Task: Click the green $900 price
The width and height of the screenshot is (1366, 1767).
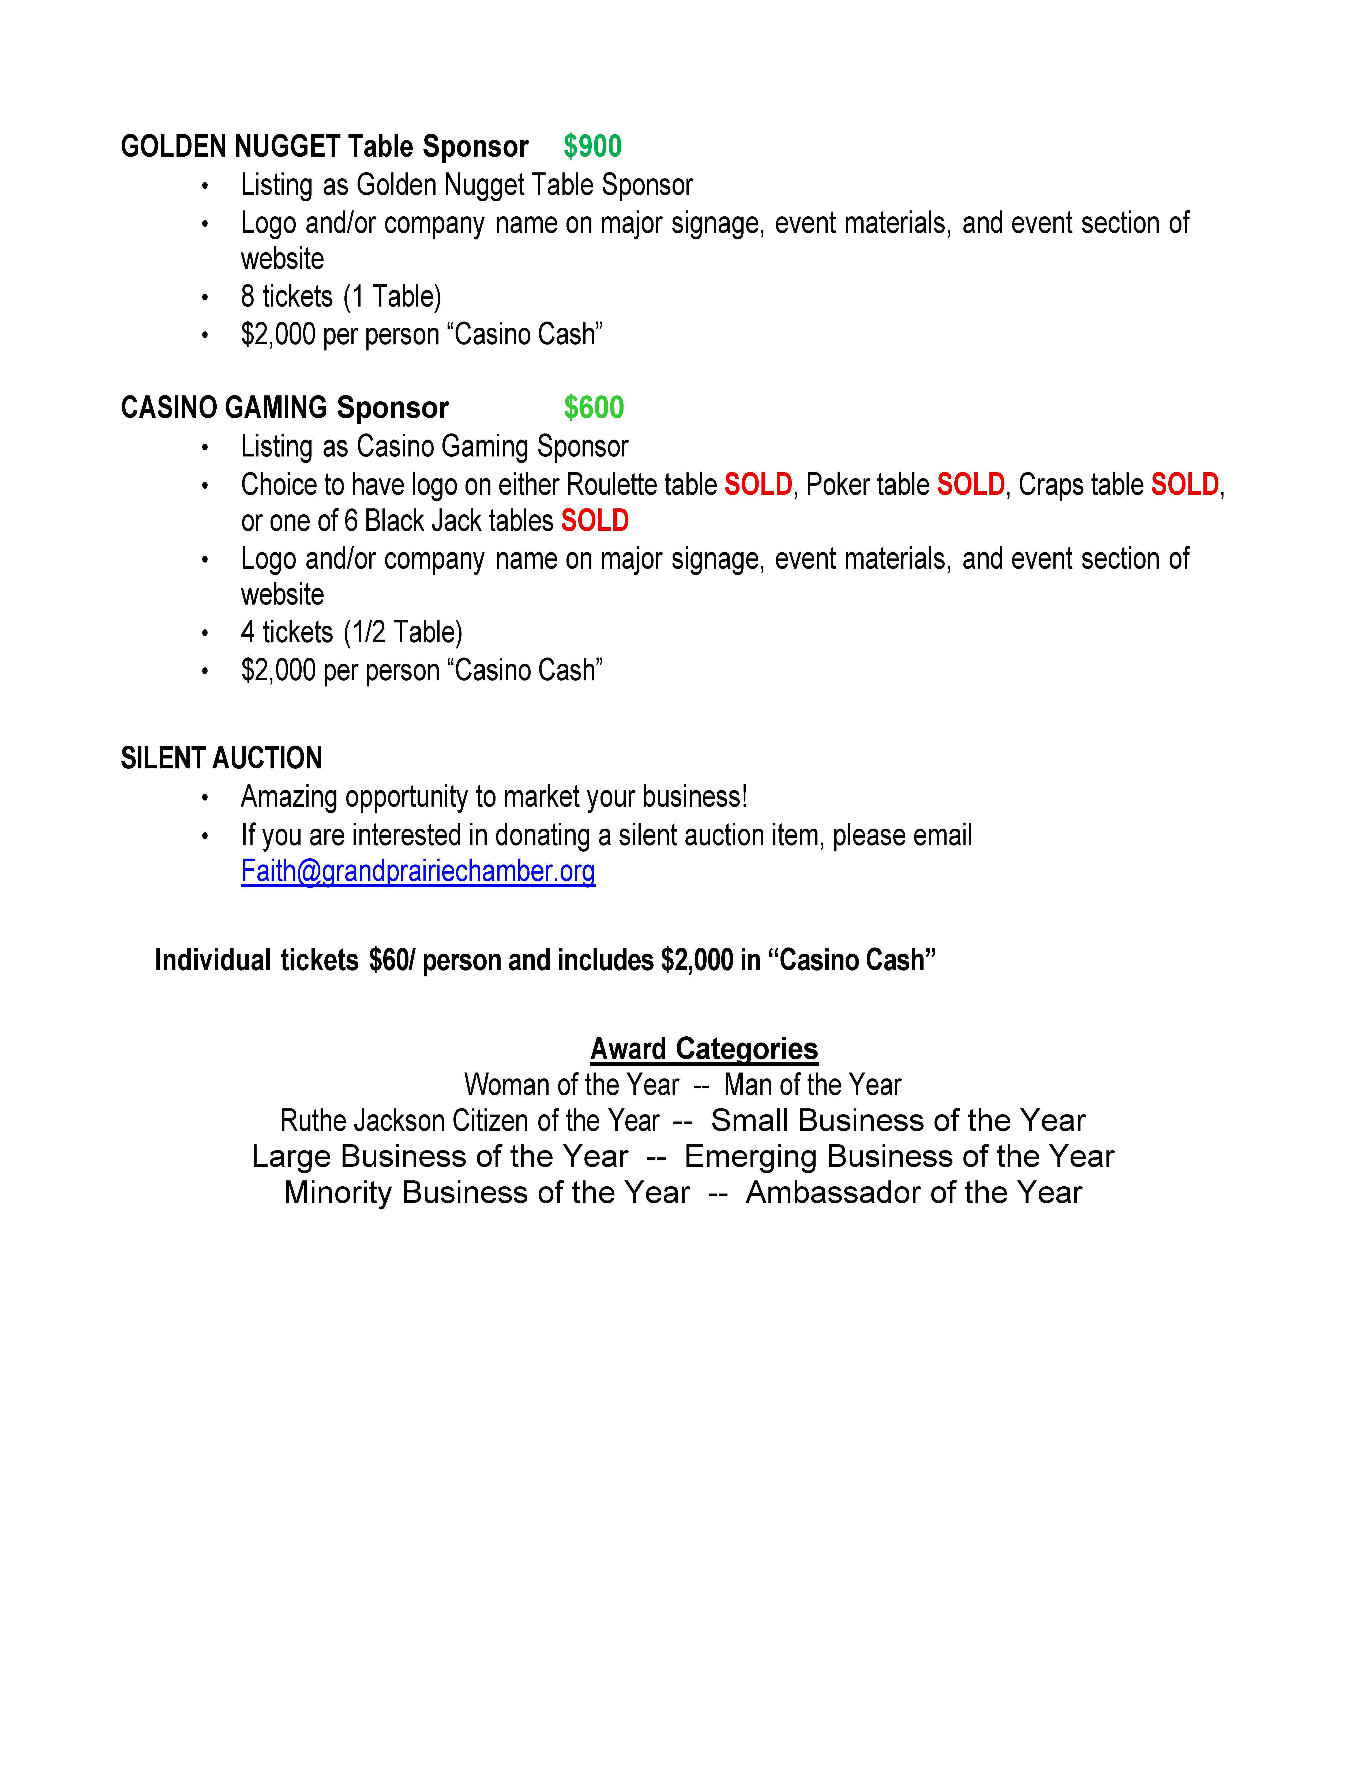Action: pyautogui.click(x=592, y=146)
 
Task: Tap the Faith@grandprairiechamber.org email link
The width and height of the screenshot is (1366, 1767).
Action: pyautogui.click(x=418, y=871)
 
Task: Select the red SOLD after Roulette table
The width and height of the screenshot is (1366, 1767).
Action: pyautogui.click(x=757, y=485)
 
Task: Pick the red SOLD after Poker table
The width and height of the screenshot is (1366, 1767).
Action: pyautogui.click(x=970, y=485)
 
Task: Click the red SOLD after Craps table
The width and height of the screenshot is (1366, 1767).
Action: pyautogui.click(x=1184, y=485)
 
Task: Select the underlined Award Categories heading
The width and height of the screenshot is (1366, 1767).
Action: pyautogui.click(x=704, y=1048)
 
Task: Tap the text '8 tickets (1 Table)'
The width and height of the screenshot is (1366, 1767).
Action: pyautogui.click(x=341, y=297)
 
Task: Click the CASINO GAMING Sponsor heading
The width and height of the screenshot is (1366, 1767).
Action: pyautogui.click(x=284, y=408)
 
